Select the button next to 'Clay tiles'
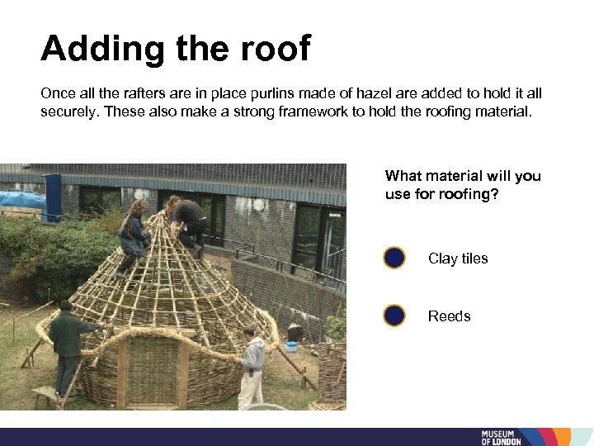[x=394, y=259]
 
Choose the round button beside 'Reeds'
[x=394, y=316]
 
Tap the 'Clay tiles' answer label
[x=458, y=259]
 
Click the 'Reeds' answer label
[x=449, y=316]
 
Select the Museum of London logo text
[x=502, y=437]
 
